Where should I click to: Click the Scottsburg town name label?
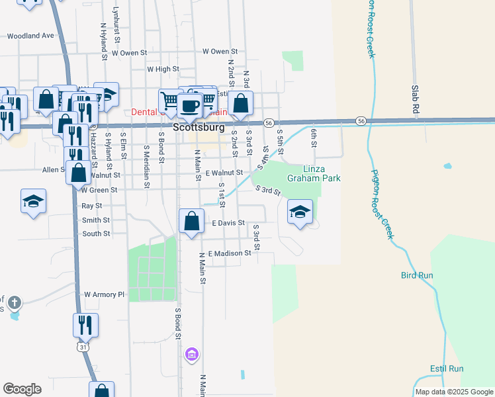coord(199,127)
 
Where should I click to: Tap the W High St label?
coord(163,69)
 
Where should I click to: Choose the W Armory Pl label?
coord(104,294)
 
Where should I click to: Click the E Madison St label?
coord(230,253)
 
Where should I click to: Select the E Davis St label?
coord(228,224)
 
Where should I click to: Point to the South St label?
coord(96,234)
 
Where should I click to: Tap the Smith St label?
coord(96,220)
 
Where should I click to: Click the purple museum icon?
coord(192,355)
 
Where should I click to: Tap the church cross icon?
coord(15,303)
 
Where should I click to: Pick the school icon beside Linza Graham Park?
coord(300,212)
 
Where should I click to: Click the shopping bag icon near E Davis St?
coord(191,220)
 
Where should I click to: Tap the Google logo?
coord(22,389)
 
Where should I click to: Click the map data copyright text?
coord(454,392)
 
